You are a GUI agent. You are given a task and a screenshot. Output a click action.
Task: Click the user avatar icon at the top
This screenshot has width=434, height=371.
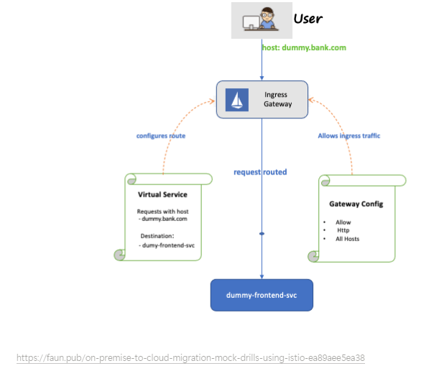tap(261, 20)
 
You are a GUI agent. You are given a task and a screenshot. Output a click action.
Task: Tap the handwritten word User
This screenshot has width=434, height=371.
tap(308, 18)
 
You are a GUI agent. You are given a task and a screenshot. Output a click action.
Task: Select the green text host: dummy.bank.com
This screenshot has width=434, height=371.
tap(304, 47)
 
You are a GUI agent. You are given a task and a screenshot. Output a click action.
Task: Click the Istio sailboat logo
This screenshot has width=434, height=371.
tap(237, 100)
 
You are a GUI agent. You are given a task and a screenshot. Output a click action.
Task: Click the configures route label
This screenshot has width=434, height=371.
tap(162, 136)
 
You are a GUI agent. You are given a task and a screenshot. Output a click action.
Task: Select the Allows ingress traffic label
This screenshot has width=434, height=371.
tap(349, 136)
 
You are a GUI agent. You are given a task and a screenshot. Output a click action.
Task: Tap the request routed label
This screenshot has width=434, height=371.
tap(260, 172)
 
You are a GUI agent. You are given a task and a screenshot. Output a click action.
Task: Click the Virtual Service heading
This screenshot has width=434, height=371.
tap(162, 194)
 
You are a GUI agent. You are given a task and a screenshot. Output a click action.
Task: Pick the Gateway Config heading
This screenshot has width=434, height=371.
tap(356, 204)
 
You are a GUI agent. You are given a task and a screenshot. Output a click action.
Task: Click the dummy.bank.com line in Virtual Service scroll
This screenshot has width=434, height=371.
tap(164, 219)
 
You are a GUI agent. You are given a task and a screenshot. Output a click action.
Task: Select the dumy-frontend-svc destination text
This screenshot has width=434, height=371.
tap(167, 245)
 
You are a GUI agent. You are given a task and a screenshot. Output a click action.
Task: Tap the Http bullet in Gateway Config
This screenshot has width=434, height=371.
tap(343, 230)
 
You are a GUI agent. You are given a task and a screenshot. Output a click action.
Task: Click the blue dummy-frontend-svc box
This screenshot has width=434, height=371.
tap(262, 295)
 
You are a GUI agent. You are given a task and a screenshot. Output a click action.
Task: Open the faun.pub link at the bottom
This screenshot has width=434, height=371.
tap(190, 357)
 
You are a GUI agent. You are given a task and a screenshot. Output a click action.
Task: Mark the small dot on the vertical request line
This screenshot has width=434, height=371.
tap(262, 234)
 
